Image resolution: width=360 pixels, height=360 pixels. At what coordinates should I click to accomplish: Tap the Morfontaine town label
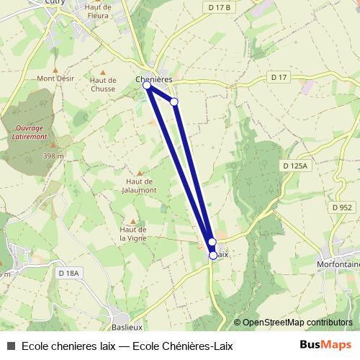(338, 264)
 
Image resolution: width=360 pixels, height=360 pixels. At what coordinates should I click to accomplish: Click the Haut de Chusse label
(104, 85)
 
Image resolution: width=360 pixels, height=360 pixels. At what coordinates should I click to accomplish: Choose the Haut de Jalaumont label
(141, 186)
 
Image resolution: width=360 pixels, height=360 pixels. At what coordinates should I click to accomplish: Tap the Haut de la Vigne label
(132, 233)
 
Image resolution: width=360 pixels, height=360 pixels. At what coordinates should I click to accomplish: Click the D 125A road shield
(295, 166)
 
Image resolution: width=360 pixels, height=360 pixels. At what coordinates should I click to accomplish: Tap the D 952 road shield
(342, 207)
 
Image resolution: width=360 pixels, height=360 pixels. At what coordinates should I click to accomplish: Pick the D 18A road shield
(69, 273)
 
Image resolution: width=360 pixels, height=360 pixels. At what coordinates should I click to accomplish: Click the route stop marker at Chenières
(147, 86)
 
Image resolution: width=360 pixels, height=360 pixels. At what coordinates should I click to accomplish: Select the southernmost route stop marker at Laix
(213, 255)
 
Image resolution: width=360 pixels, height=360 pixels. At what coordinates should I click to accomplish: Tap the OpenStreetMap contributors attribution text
(297, 323)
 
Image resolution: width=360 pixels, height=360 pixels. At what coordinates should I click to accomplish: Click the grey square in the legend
(11, 346)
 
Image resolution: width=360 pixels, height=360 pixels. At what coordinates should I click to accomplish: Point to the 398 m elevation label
(52, 156)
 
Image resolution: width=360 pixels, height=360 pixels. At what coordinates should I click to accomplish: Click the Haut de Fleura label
(97, 11)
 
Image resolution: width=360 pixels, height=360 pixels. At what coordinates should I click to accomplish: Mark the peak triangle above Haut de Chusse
(104, 72)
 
